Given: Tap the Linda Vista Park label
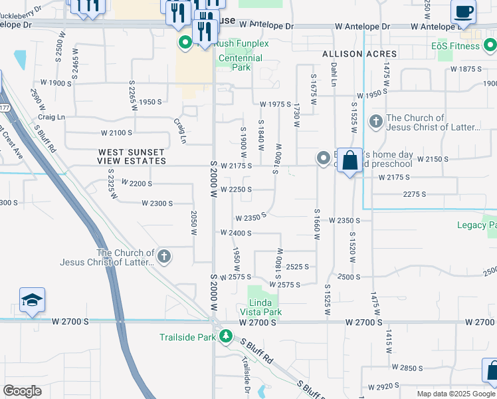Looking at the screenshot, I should [x=265, y=307].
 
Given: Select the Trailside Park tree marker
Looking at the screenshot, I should [x=227, y=337].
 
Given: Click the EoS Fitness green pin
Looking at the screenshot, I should [x=490, y=46].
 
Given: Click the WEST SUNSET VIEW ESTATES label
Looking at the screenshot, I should [x=132, y=156].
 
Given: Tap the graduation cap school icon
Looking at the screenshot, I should [x=32, y=301].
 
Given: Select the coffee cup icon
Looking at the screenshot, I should [x=464, y=12].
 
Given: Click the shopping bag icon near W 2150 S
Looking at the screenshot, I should [x=350, y=161].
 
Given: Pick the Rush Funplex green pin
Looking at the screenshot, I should [x=184, y=44].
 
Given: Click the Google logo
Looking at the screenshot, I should [x=22, y=391].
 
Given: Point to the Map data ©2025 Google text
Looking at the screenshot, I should [x=455, y=394].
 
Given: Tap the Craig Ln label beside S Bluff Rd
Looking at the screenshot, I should [x=51, y=116].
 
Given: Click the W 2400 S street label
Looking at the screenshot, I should [x=237, y=233].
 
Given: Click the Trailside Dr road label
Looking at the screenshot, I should [x=245, y=370].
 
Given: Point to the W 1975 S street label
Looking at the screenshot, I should [x=275, y=104].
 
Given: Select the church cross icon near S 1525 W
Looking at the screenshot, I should [x=375, y=122].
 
